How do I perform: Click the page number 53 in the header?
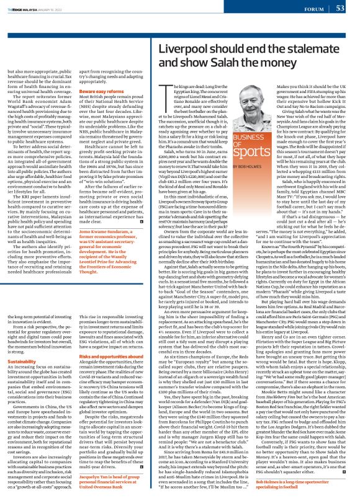340,8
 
